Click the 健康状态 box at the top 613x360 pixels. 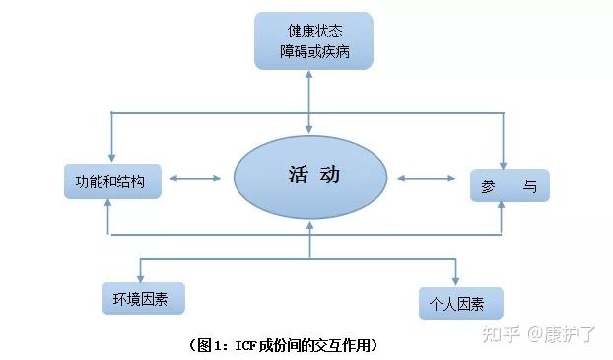[313, 39]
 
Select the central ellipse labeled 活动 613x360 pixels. [313, 179]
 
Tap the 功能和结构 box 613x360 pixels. [110, 182]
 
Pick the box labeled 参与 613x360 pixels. [510, 184]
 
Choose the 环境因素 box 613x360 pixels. [143, 297]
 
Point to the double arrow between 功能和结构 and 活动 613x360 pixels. [196, 179]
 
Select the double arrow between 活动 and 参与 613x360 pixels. [427, 179]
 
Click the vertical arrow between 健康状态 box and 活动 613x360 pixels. [310, 104]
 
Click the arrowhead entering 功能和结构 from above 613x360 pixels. [109, 158]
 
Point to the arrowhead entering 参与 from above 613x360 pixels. [504, 160]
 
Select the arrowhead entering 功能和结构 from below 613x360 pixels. [109, 208]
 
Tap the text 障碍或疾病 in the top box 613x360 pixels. [313, 50]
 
